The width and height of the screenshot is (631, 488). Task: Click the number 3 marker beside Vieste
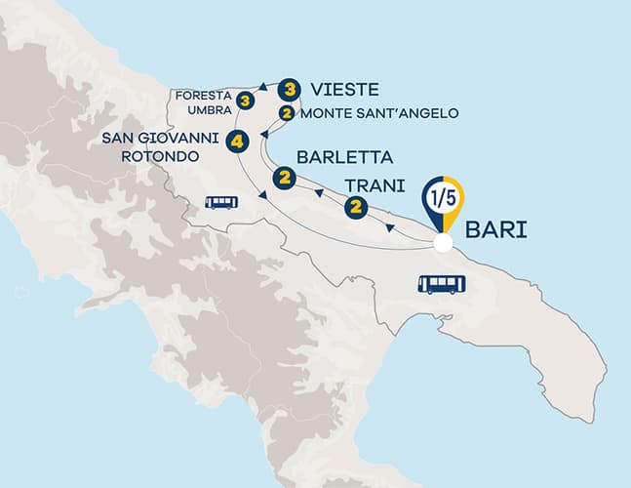[288, 89]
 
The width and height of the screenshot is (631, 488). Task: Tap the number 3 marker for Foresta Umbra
[247, 100]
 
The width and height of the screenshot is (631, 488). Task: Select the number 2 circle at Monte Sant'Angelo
[286, 112]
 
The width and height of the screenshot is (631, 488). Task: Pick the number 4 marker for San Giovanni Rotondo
[237, 142]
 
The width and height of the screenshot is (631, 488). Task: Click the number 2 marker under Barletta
[285, 178]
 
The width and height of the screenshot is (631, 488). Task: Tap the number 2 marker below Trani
[355, 206]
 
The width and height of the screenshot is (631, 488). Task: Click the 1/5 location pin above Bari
[442, 201]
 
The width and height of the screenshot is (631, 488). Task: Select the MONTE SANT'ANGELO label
[379, 113]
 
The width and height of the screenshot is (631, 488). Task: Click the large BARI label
[496, 232]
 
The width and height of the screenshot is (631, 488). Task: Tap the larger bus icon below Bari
[442, 284]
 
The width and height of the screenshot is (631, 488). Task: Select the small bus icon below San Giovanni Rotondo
[221, 202]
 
